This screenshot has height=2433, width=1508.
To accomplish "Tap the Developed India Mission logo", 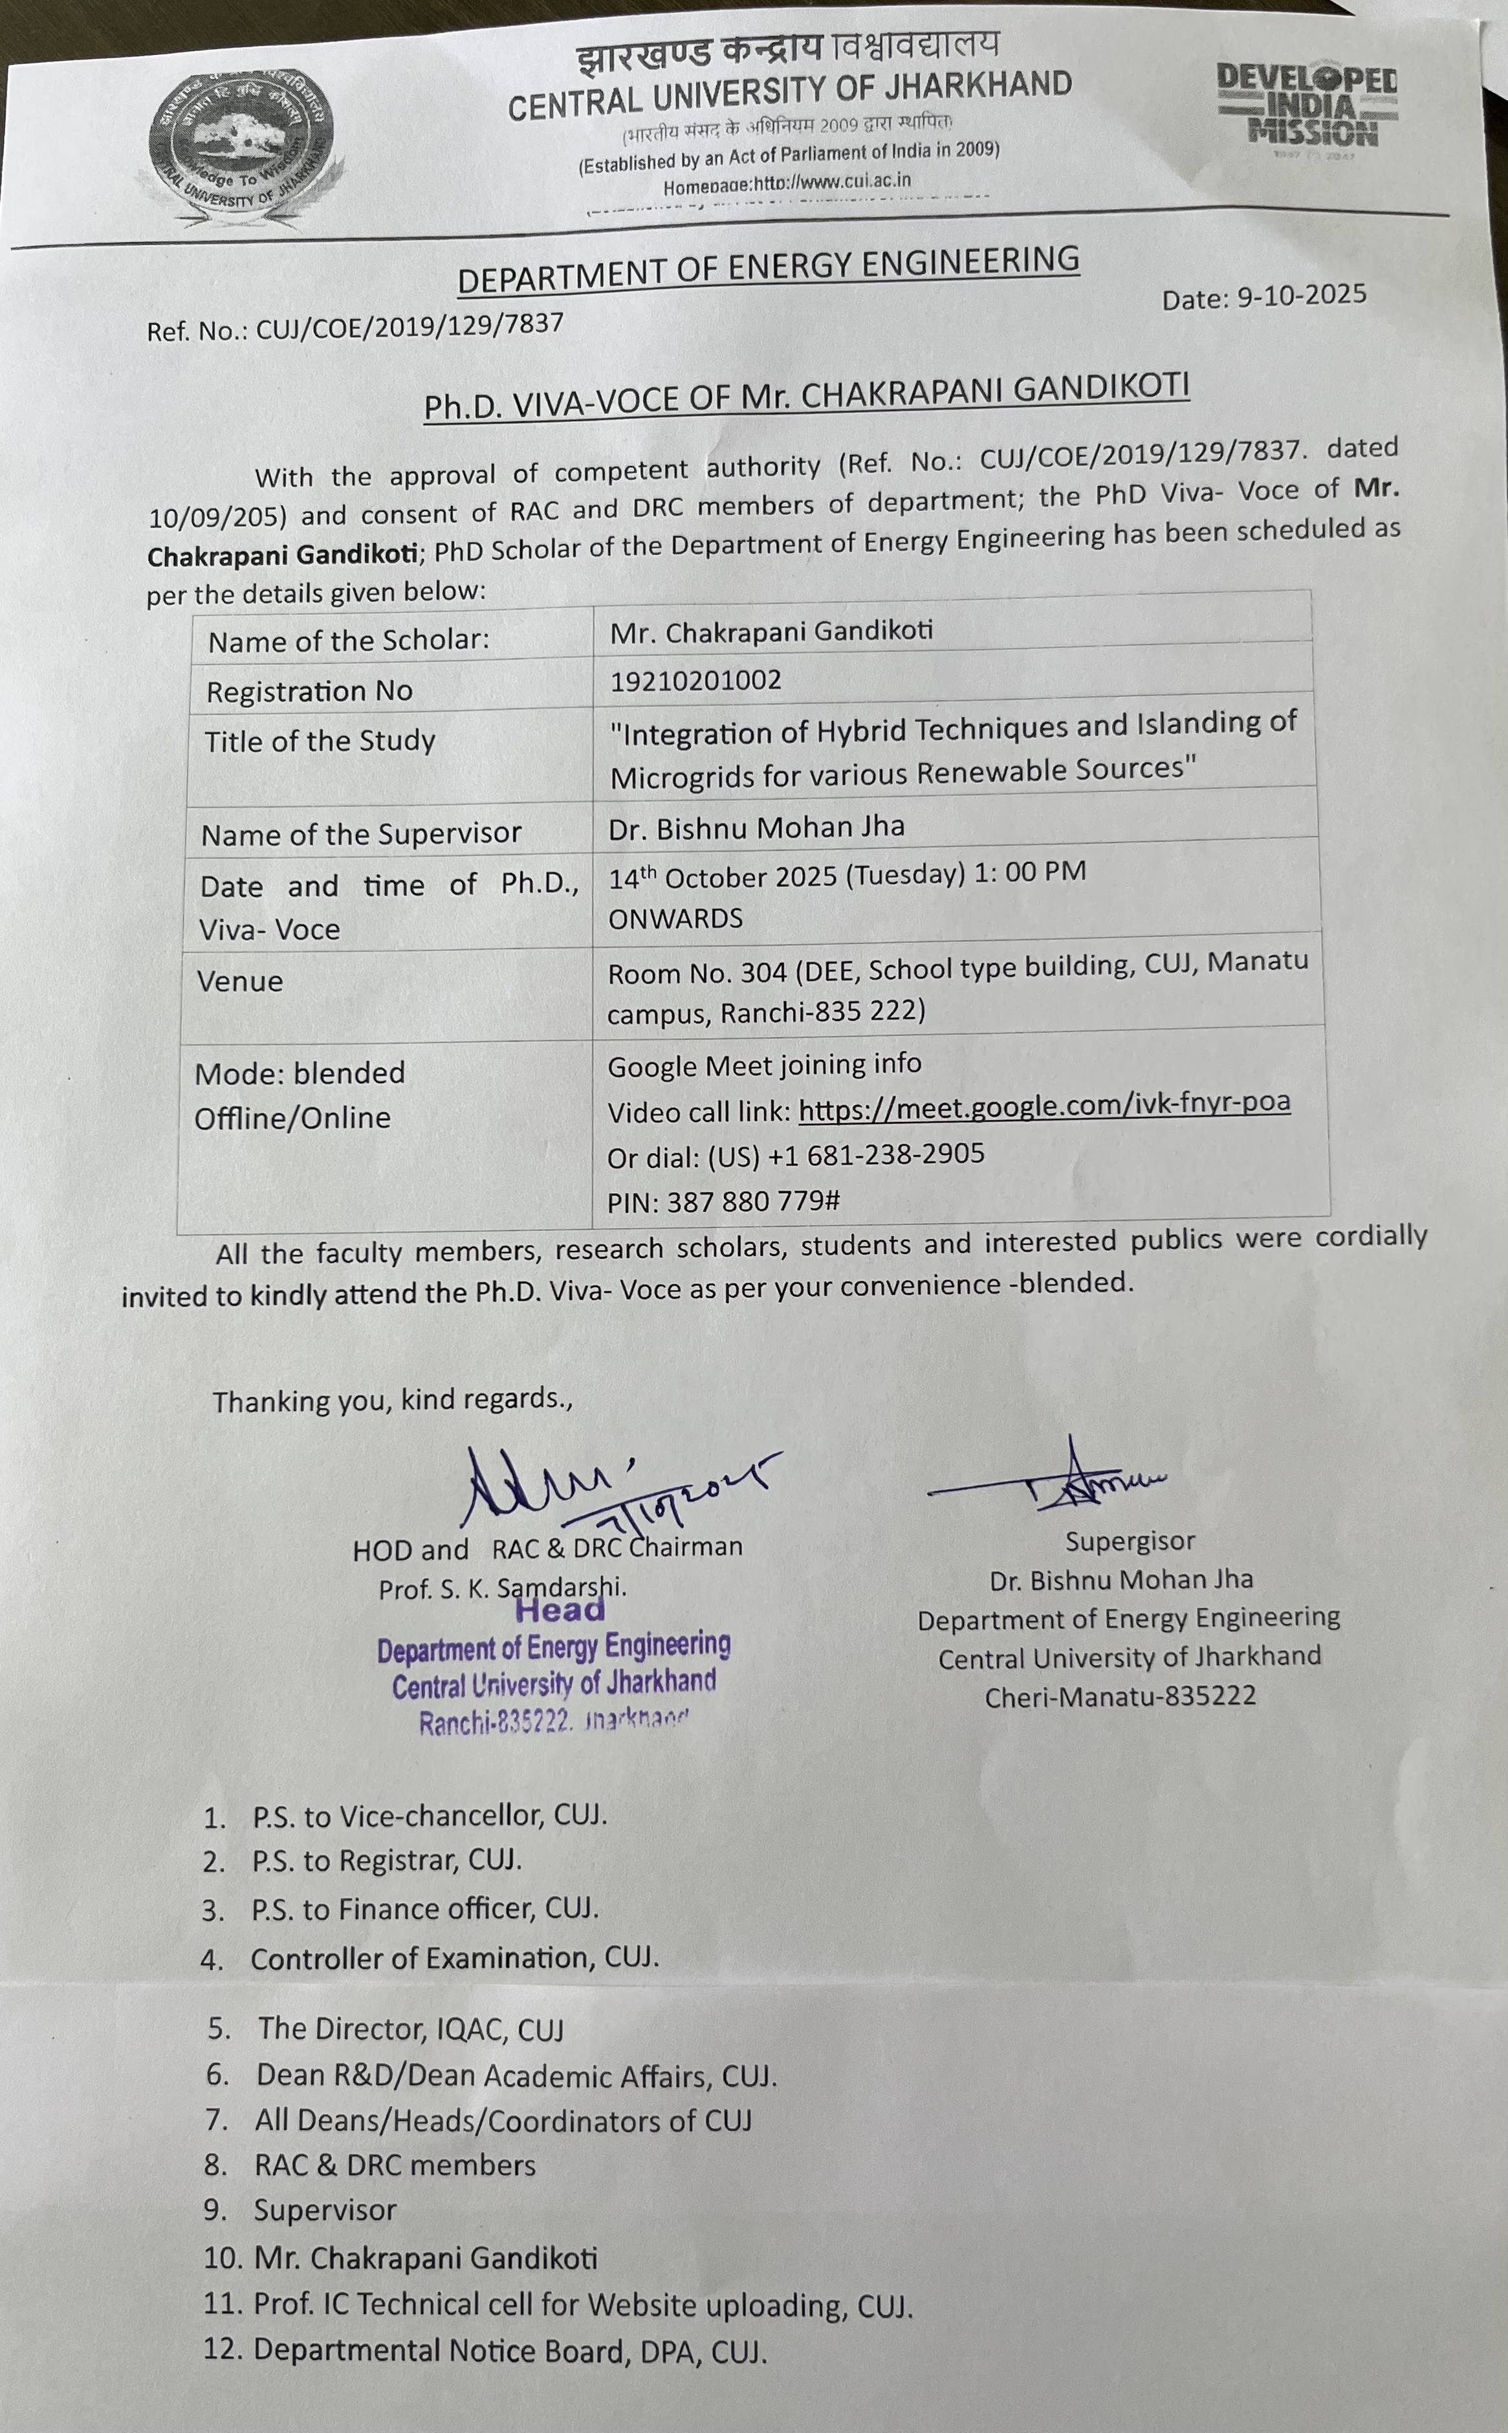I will click(1307, 105).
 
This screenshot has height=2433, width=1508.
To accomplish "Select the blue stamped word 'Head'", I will click(560, 1610).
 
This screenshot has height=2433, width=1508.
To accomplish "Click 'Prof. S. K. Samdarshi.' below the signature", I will click(501, 1588).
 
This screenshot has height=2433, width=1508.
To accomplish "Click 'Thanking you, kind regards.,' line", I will click(392, 1400).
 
